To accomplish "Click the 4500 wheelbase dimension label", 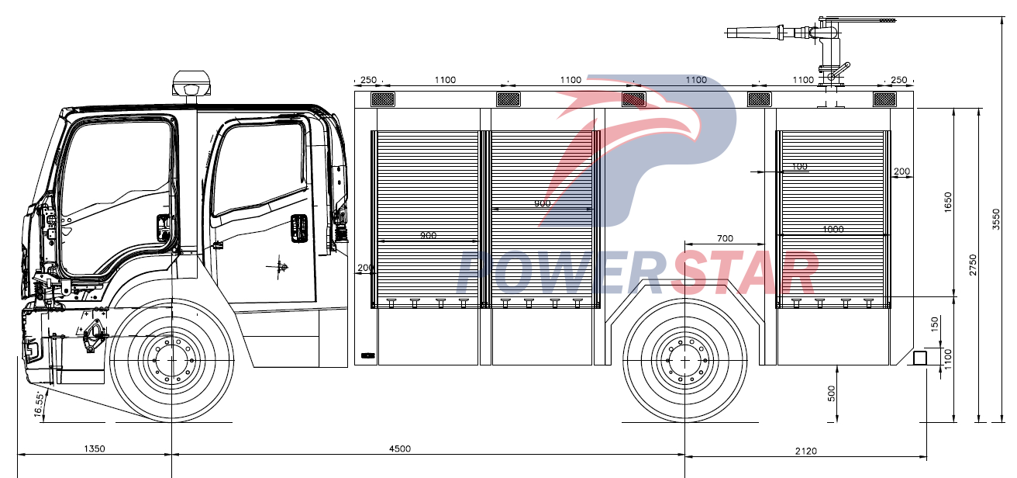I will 400,449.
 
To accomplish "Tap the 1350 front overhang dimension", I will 94,449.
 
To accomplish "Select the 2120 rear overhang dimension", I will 806,451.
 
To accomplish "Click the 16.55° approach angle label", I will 40,405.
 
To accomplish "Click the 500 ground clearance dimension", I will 831,393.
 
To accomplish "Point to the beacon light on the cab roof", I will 191,81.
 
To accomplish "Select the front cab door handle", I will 163,227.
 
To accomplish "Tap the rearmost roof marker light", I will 884,99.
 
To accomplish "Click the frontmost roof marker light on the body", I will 382,99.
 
